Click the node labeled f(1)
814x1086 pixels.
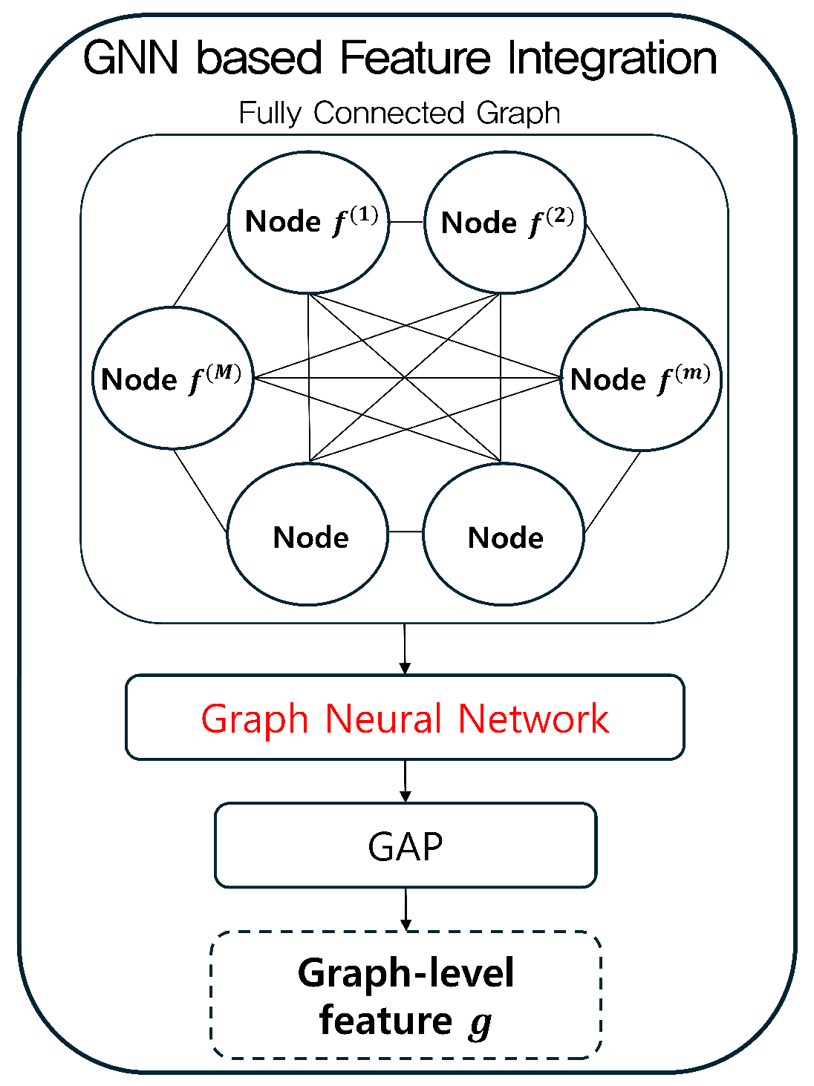[308, 222]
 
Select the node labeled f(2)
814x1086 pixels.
[505, 222]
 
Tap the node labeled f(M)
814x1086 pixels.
[173, 378]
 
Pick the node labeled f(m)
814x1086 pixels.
[641, 379]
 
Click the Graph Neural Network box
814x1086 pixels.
[405, 717]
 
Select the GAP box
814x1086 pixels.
[406, 845]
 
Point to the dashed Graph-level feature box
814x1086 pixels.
[406, 995]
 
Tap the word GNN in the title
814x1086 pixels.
[130, 58]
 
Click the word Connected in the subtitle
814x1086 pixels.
[389, 112]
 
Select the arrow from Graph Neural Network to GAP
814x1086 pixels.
[406, 781]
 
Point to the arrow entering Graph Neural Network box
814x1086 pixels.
[405, 649]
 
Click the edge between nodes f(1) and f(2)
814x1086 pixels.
[407, 222]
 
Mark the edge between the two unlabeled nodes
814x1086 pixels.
[406, 532]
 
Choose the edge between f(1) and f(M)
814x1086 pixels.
[201, 265]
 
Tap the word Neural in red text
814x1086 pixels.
[383, 719]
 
